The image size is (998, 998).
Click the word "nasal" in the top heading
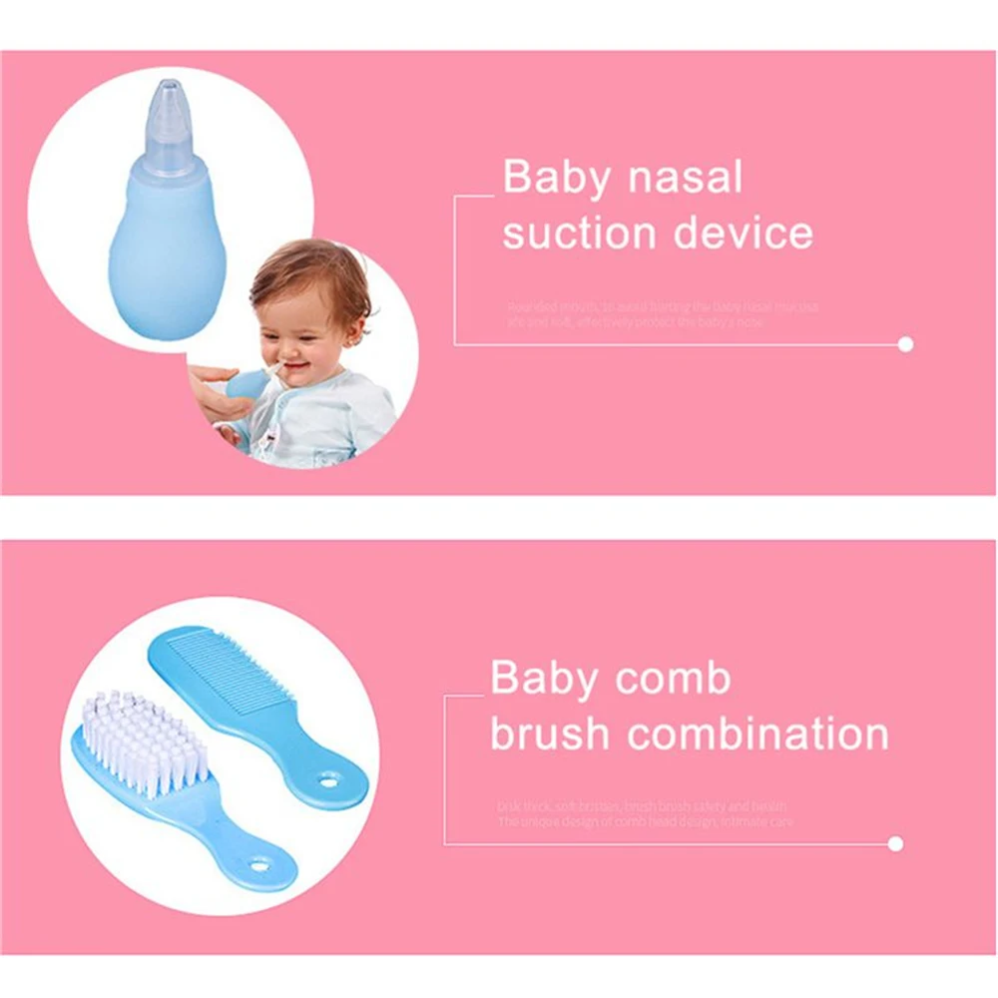684,179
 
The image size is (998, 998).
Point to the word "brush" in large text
549,734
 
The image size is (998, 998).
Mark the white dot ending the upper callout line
905,344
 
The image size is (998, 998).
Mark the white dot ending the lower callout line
895,844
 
